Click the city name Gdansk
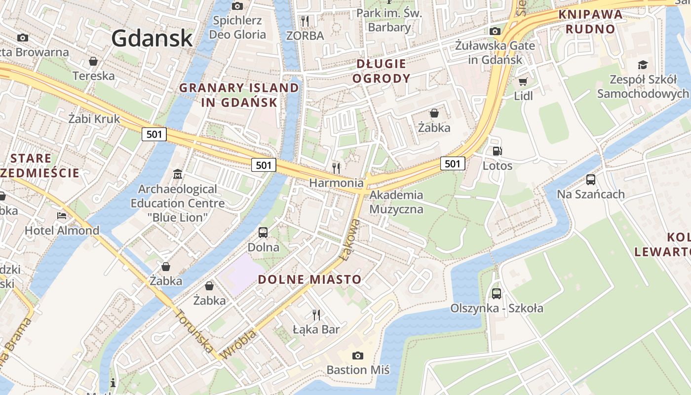152,38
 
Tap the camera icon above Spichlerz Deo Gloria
237,6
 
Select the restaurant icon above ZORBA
305,21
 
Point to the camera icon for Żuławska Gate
495,31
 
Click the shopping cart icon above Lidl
523,81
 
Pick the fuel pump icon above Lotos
498,151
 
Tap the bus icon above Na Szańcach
591,179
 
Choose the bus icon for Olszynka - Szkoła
497,294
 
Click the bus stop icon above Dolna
263,232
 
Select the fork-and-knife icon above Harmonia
337,168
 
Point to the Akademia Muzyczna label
396,202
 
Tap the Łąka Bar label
316,329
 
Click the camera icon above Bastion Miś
358,355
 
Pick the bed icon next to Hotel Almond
62,216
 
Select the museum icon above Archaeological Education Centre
178,174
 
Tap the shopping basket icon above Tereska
93,61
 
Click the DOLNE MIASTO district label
309,279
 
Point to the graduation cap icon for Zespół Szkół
643,65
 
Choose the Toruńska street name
195,332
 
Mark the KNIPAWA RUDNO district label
591,22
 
